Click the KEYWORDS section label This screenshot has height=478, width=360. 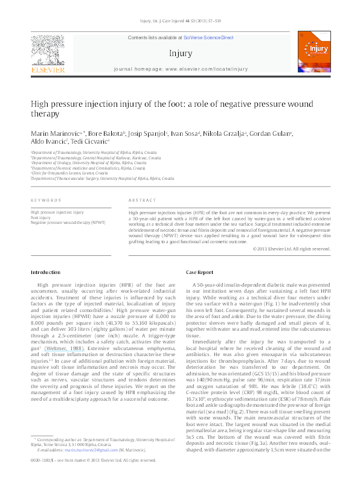45,200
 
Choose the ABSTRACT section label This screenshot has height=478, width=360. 143,200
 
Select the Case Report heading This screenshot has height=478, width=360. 201,273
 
